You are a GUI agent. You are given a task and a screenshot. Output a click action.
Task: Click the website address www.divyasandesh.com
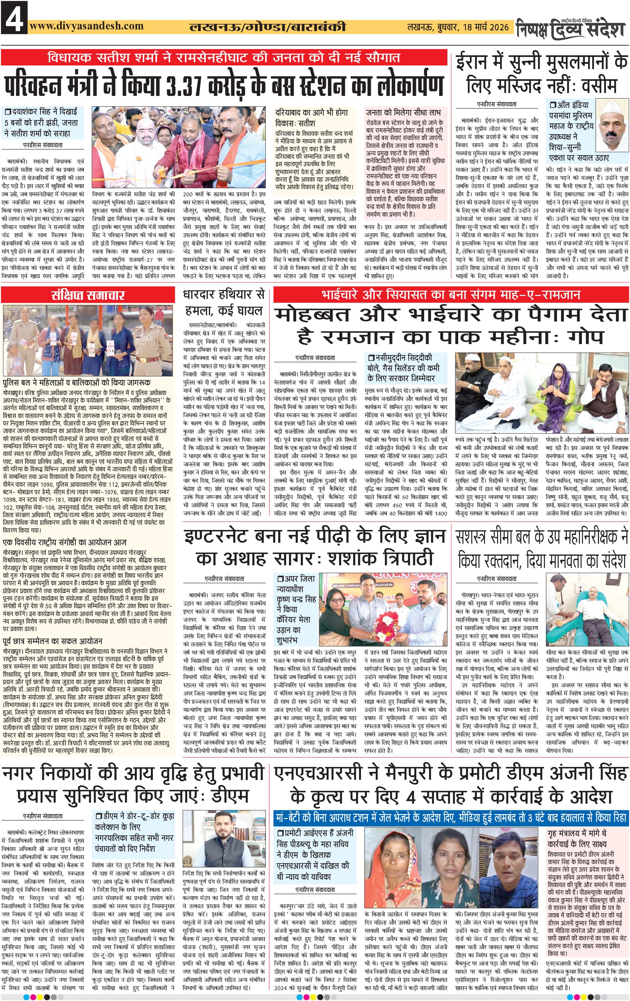(87, 26)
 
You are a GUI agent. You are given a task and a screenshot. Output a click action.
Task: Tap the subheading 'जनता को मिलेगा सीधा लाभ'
(400, 112)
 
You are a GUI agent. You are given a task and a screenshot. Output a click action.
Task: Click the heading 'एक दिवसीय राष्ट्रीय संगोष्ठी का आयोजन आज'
(64, 542)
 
